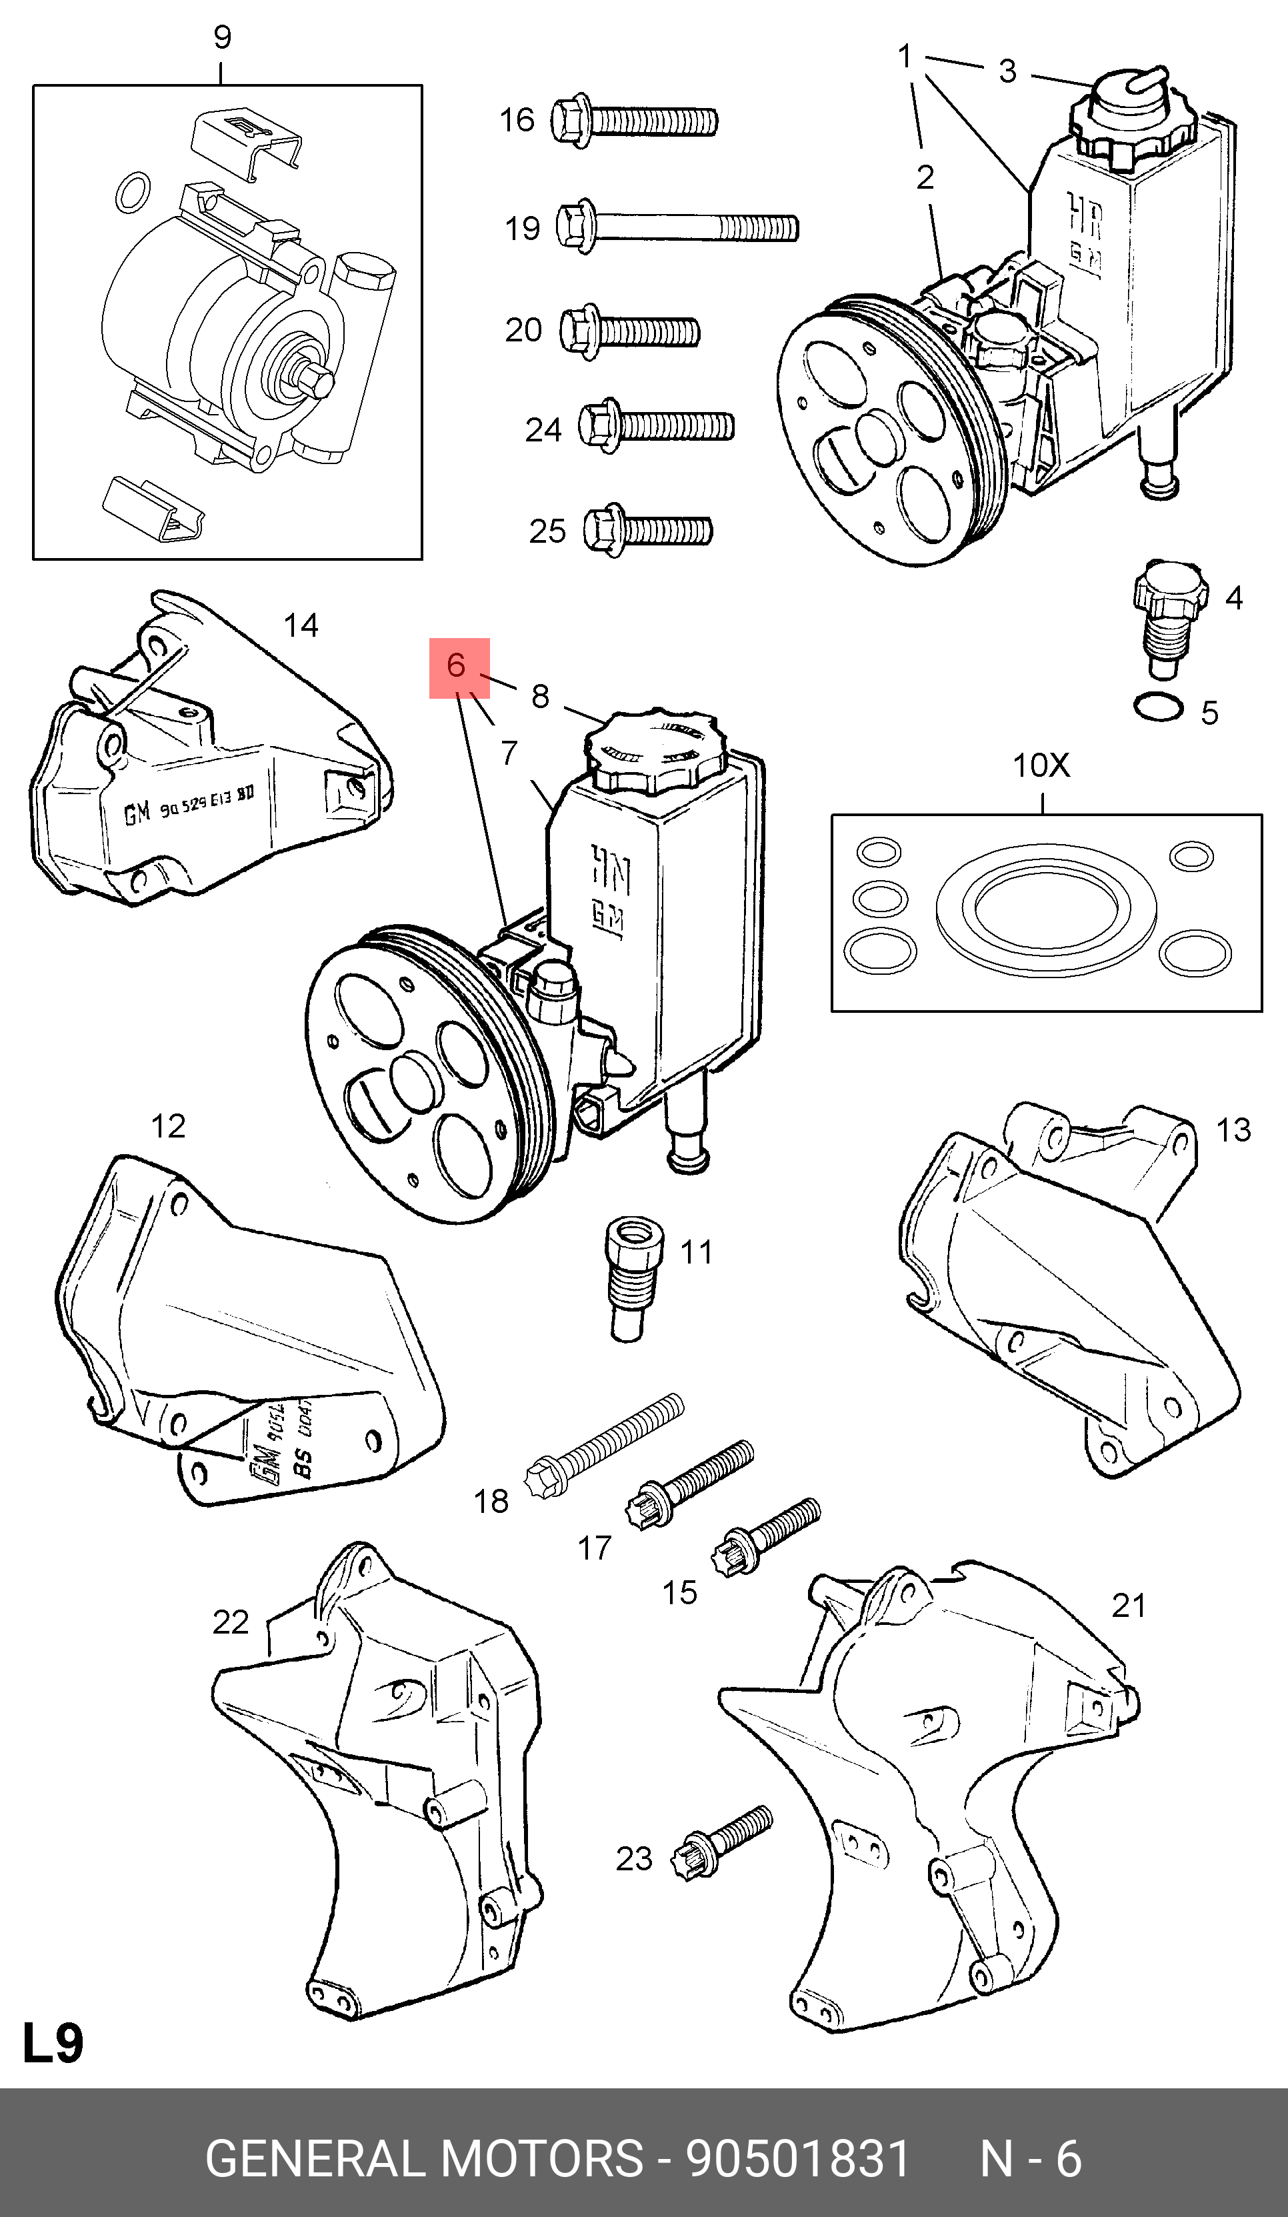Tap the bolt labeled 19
677,228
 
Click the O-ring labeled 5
1158,707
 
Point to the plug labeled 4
1167,617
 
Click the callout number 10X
1041,765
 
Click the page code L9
53,2043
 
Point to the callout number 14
300,625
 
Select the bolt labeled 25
649,531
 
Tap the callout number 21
1129,1606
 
